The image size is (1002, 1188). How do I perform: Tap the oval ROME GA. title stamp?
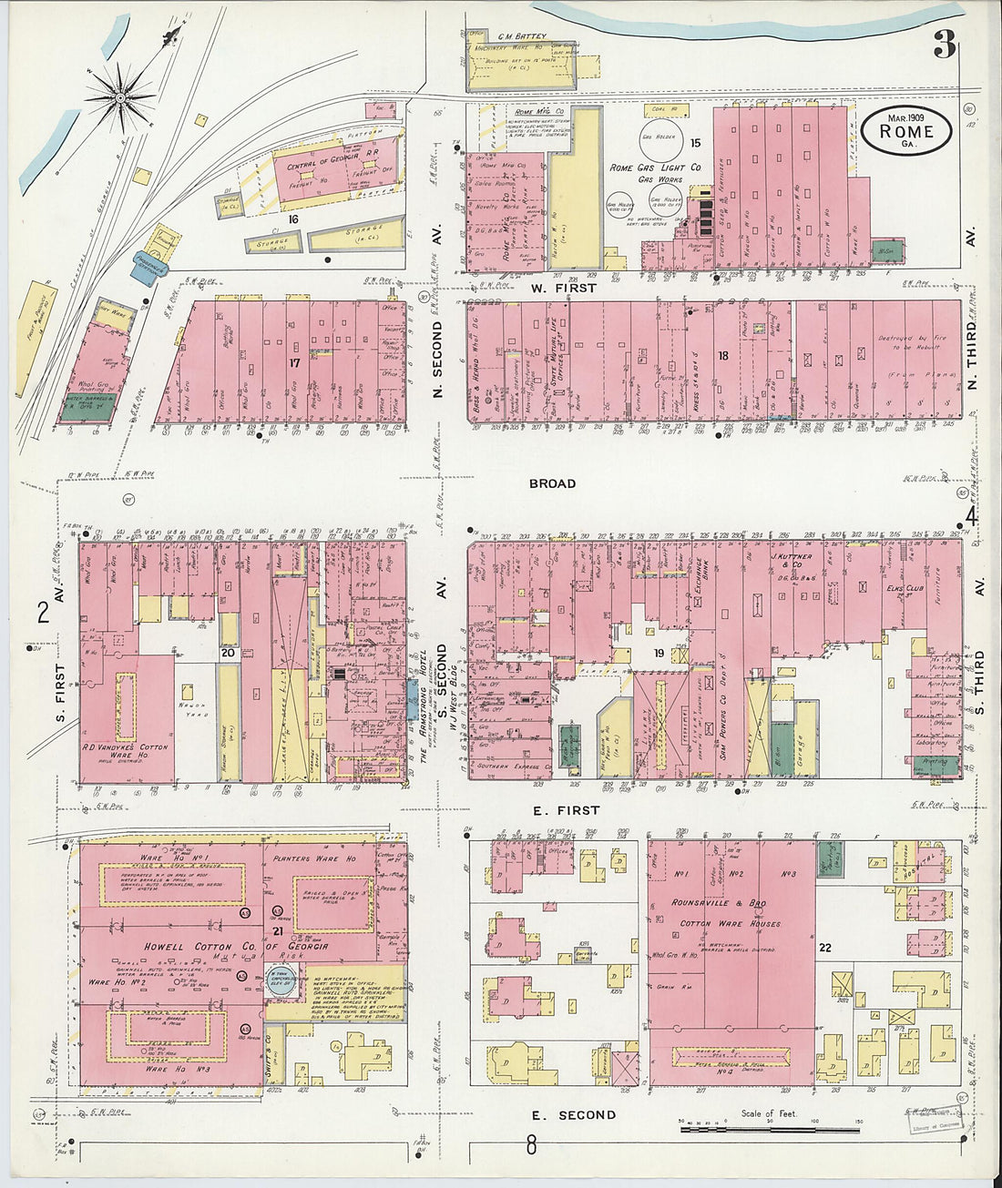907,131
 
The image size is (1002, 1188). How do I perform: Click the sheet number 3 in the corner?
944,45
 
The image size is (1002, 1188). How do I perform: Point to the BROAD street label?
552,483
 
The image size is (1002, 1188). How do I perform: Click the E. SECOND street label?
574,1115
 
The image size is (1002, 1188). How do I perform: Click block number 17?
294,361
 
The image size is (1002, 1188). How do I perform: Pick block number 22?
824,948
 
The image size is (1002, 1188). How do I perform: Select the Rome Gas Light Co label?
655,168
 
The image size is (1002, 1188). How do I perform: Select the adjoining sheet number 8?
530,1147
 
